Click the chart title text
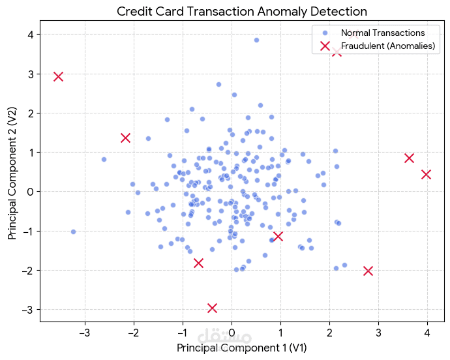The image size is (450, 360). click(242, 11)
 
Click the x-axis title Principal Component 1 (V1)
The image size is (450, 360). click(241, 348)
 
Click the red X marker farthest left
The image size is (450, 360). click(58, 76)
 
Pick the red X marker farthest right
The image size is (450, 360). click(427, 174)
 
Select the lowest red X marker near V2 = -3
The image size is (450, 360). click(212, 308)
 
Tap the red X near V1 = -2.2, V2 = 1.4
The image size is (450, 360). click(126, 138)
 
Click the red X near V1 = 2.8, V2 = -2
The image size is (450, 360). click(368, 271)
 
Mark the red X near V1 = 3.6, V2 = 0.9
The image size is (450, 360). click(409, 158)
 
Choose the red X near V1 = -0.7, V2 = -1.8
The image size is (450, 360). click(198, 263)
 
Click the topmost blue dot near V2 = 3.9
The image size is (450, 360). click(256, 40)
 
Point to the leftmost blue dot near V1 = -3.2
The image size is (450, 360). click(73, 232)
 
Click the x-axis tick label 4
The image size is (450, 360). click(427, 333)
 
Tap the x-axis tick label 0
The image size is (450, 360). click(232, 333)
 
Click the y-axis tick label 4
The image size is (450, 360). click(29, 35)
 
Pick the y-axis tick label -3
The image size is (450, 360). click(27, 309)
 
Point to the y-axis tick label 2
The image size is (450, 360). click(29, 113)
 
